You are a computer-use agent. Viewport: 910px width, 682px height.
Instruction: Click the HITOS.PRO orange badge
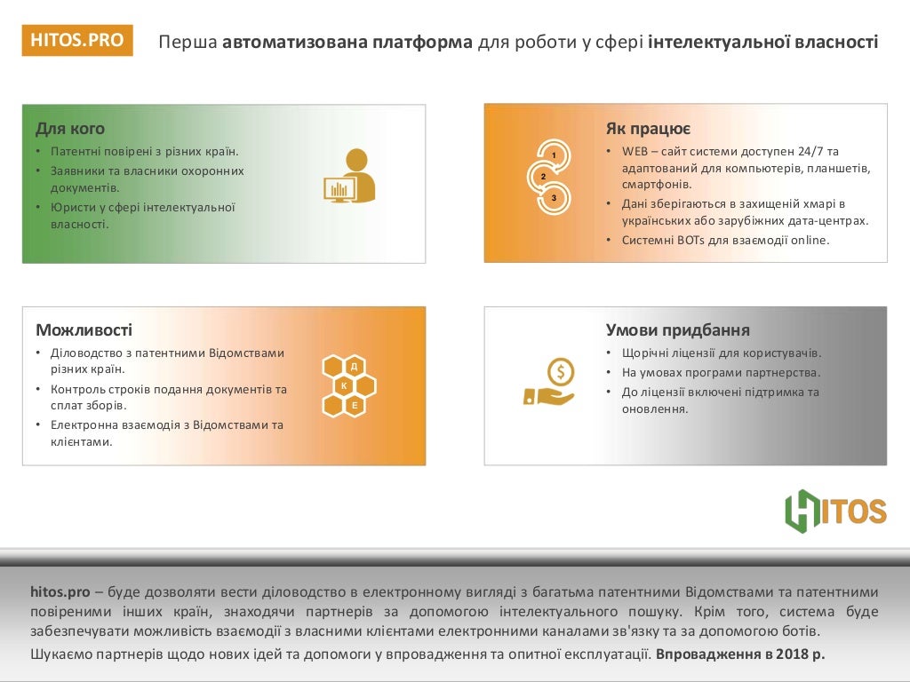coord(76,40)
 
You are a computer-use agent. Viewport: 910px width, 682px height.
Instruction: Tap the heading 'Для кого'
coord(69,129)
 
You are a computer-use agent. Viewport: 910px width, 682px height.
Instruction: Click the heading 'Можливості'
coord(84,330)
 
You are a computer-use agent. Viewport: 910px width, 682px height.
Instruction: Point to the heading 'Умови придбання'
coord(671,330)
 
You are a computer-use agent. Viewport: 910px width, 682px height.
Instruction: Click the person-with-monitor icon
coord(348,176)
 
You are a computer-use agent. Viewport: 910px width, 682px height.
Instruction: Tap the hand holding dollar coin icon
coord(549,383)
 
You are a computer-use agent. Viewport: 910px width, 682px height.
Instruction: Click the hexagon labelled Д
coord(354,366)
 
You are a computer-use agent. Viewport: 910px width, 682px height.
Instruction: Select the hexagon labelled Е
coord(354,405)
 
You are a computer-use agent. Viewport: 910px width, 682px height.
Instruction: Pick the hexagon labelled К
coord(344,385)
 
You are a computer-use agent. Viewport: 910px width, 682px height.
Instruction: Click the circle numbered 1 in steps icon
coord(555,155)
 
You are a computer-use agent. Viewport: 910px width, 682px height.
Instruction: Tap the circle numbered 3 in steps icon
coord(554,197)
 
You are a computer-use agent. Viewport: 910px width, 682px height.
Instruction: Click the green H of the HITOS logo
coord(802,511)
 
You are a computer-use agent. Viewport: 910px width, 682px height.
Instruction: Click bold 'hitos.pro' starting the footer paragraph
coord(60,591)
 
